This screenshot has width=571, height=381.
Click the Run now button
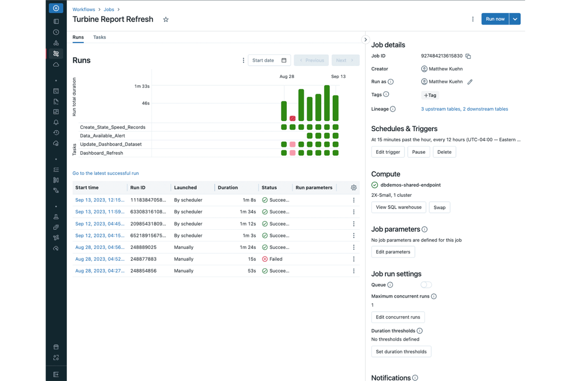pyautogui.click(x=495, y=19)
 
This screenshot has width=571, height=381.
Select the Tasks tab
pyautogui.click(x=100, y=37)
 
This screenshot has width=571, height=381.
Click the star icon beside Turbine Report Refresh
pyautogui.click(x=166, y=20)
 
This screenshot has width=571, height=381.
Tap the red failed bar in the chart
pyautogui.click(x=292, y=119)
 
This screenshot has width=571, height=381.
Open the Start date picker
pyautogui.click(x=269, y=60)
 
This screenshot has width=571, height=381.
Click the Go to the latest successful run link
pyautogui.click(x=106, y=173)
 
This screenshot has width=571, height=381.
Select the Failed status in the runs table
pyautogui.click(x=275, y=259)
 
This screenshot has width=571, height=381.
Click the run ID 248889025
pyautogui.click(x=143, y=247)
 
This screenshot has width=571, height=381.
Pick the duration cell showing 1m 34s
pyautogui.click(x=248, y=212)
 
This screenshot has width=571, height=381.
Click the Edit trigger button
pyautogui.click(x=388, y=152)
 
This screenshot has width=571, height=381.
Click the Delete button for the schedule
pyautogui.click(x=444, y=152)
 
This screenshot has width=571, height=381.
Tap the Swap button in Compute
pyautogui.click(x=439, y=208)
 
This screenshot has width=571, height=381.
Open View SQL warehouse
pyautogui.click(x=399, y=207)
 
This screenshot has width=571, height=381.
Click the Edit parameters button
pyautogui.click(x=393, y=252)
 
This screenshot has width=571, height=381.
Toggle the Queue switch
pyautogui.click(x=426, y=285)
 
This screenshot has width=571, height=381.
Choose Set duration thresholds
pyautogui.click(x=401, y=352)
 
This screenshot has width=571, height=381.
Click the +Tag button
pyautogui.click(x=430, y=95)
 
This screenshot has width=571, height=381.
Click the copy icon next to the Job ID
pyautogui.click(x=468, y=56)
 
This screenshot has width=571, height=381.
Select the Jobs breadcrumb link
pyautogui.click(x=109, y=9)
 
